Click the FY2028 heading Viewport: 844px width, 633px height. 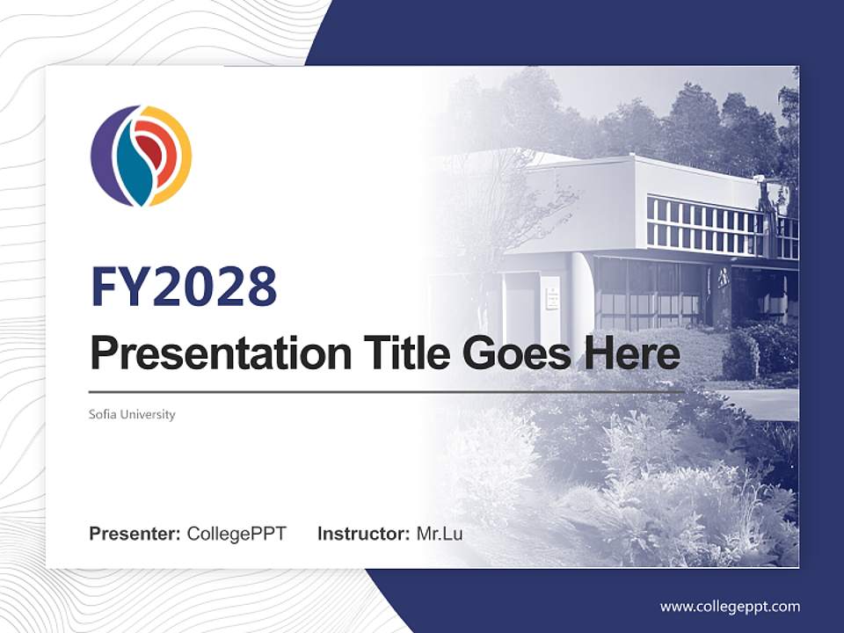point(184,287)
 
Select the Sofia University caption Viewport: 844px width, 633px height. point(132,414)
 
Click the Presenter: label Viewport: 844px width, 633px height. point(135,534)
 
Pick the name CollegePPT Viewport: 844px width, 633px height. point(236,534)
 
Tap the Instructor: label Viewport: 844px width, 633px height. point(363,534)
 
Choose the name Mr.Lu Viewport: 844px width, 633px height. point(440,534)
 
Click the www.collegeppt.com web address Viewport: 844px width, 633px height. point(730,607)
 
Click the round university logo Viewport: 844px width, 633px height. point(141,156)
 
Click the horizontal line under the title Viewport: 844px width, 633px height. point(387,392)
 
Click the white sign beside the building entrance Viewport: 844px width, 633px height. point(551,293)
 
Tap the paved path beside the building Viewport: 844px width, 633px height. point(760,404)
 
